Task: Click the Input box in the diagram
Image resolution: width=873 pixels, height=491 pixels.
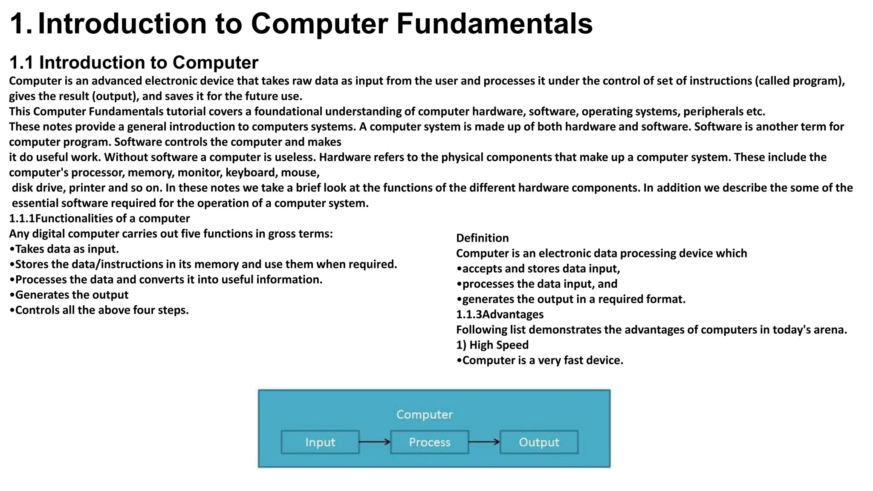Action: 320,442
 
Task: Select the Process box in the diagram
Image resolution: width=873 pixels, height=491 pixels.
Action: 429,442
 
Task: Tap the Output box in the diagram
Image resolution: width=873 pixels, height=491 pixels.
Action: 539,442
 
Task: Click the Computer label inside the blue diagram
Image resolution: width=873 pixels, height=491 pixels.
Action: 425,414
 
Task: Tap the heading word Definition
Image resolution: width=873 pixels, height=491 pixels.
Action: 482,238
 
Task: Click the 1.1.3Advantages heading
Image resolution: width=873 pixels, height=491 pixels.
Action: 500,314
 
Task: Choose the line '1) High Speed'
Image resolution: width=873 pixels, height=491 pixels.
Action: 492,345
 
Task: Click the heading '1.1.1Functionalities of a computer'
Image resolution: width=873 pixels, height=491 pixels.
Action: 99,218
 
